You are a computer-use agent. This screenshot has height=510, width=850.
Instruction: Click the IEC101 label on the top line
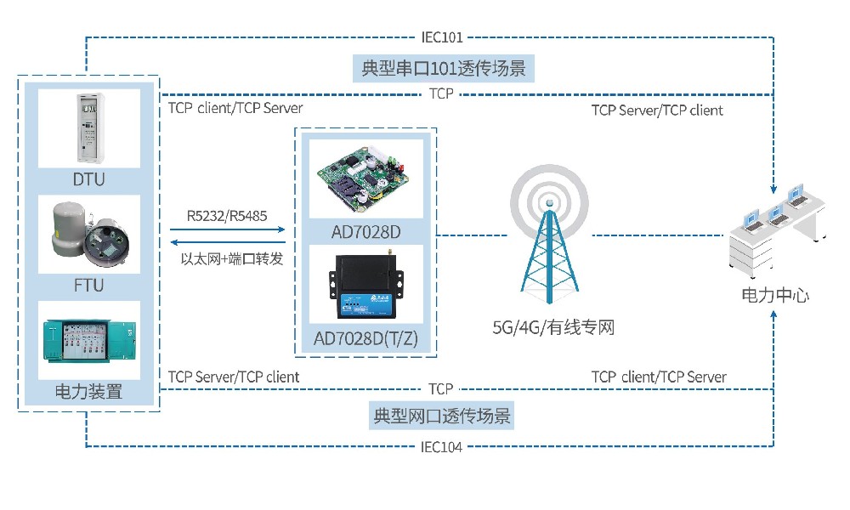click(442, 37)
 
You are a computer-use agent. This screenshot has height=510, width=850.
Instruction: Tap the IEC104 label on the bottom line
click(442, 446)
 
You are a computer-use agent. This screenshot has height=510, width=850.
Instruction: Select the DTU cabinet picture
click(88, 127)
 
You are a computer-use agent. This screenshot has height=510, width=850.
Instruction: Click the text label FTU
click(88, 285)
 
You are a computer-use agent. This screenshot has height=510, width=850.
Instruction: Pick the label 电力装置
click(88, 392)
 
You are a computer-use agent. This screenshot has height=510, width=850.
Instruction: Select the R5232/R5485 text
click(227, 216)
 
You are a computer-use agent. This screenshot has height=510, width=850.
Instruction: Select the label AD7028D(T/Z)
click(366, 338)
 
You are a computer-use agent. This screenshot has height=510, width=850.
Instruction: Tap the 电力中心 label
click(775, 296)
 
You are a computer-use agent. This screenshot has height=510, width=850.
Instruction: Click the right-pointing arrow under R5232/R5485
click(226, 229)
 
